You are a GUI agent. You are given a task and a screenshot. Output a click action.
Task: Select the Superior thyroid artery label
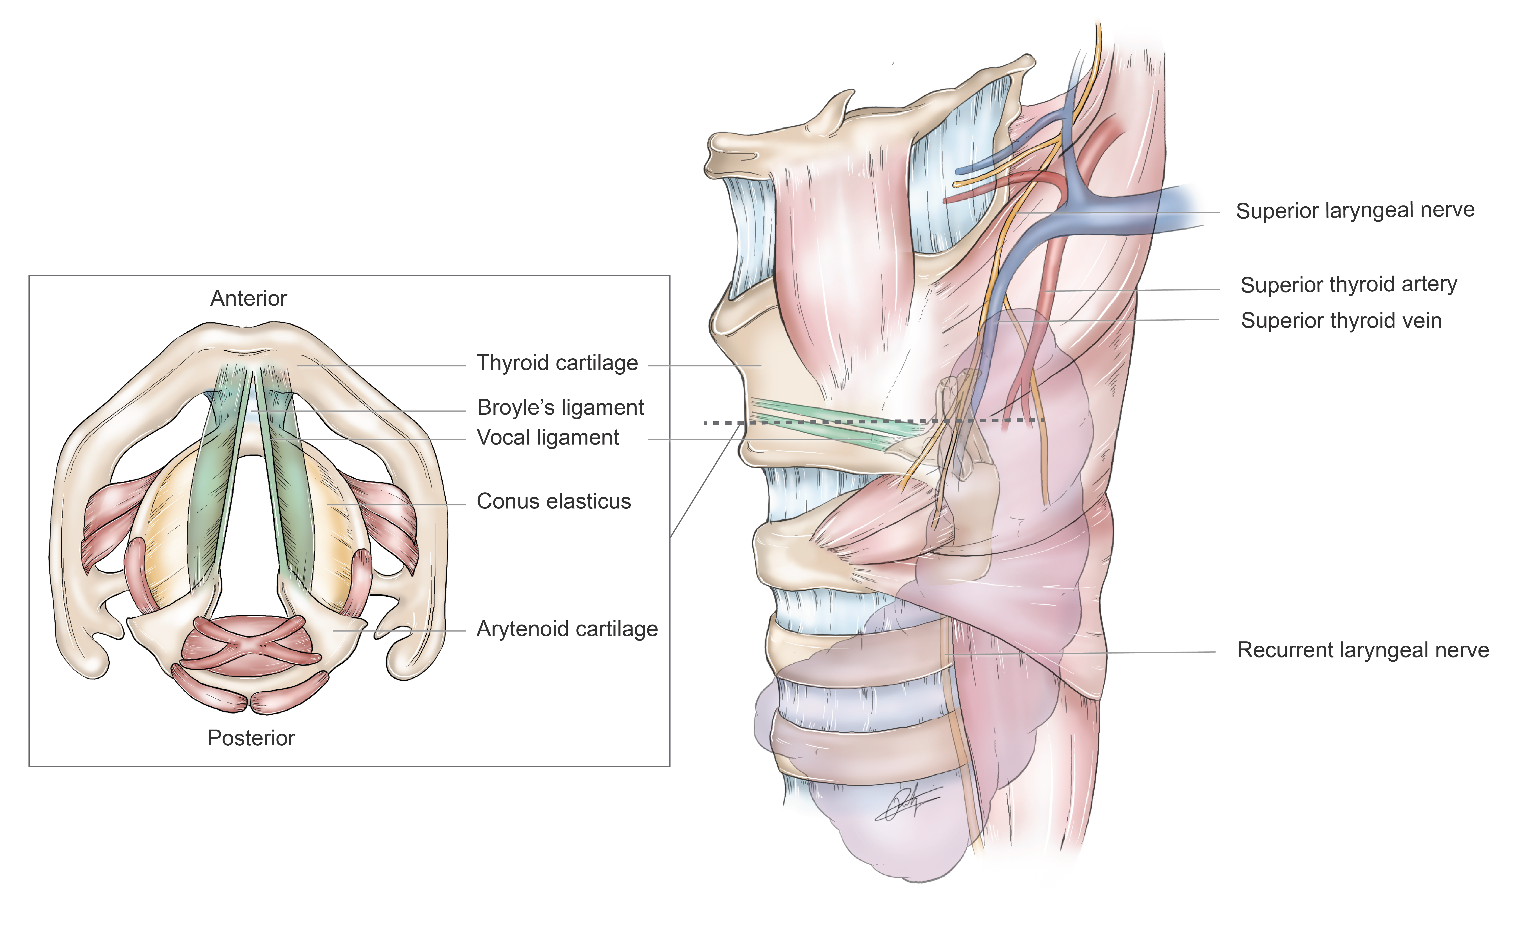pos(1349,285)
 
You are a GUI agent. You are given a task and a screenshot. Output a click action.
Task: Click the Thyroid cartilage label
pos(557,363)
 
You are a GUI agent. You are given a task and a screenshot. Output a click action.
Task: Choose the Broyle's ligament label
pos(560,407)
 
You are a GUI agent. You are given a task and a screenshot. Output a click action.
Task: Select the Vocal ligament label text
pos(548,437)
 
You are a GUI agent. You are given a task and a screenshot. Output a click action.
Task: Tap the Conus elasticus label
pos(554,501)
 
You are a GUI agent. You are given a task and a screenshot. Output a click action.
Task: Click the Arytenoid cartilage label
pos(567,629)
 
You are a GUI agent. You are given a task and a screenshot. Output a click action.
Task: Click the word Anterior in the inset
pos(248,298)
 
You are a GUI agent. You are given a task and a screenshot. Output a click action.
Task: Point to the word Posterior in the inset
pos(251,738)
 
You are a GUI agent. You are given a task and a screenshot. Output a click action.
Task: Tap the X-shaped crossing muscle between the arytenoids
pos(250,645)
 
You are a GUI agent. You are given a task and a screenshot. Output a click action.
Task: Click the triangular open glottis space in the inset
pos(250,532)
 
